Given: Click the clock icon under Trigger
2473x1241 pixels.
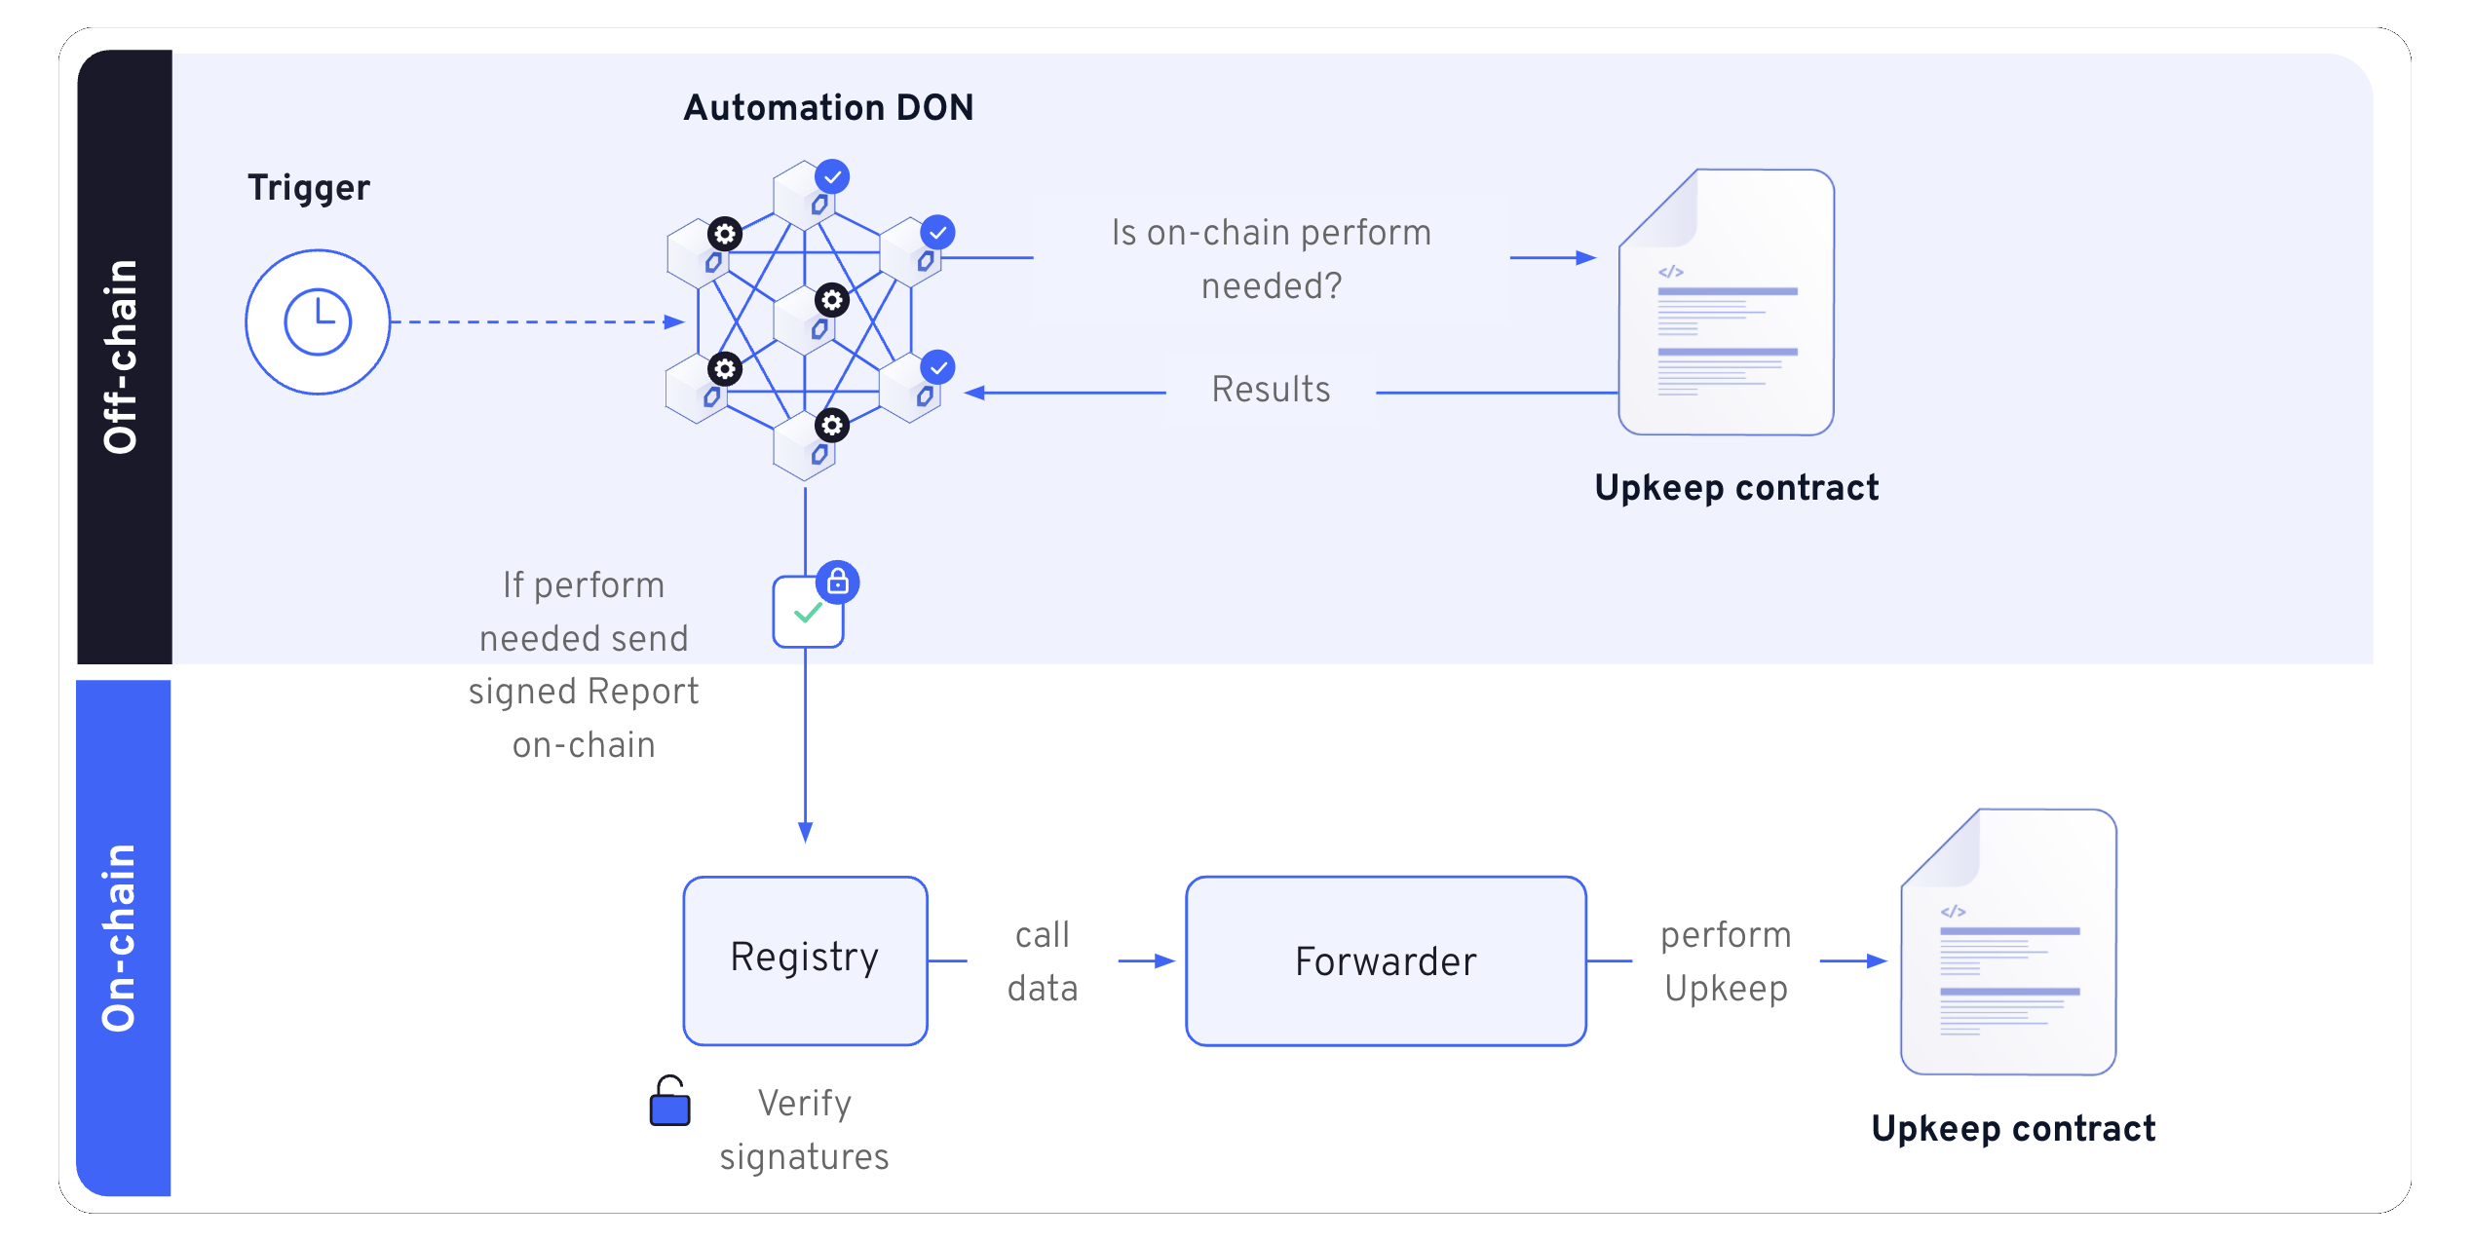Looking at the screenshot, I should pyautogui.click(x=318, y=322).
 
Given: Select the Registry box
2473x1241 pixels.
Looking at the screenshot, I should pyautogui.click(x=805, y=960).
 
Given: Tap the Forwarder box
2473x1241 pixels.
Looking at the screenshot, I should pyautogui.click(x=1386, y=961).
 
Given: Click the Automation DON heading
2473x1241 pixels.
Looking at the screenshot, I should pyautogui.click(x=828, y=107).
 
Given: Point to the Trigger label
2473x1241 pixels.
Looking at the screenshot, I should pyautogui.click(x=308, y=187).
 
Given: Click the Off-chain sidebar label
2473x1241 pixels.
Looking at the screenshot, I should pyautogui.click(x=122, y=357).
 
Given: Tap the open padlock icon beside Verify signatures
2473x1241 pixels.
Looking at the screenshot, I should pyautogui.click(x=669, y=1102).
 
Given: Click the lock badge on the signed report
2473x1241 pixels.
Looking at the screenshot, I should pyautogui.click(x=838, y=583).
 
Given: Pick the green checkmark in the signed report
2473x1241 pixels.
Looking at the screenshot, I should pyautogui.click(x=808, y=613).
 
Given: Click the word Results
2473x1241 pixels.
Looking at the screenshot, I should pyautogui.click(x=1271, y=390).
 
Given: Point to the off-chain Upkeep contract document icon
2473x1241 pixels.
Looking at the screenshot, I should pyautogui.click(x=1727, y=302).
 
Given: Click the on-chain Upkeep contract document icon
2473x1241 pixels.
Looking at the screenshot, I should pyautogui.click(x=2008, y=942).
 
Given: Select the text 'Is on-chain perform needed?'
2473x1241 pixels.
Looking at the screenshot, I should pyautogui.click(x=1271, y=259).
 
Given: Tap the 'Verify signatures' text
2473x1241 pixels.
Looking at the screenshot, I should pyautogui.click(x=804, y=1130).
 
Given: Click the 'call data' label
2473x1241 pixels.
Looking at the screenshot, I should pyautogui.click(x=1043, y=961).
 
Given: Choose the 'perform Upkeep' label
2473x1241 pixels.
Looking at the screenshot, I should pyautogui.click(x=1726, y=961).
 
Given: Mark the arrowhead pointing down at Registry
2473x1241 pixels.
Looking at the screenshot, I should pyautogui.click(x=805, y=832).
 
